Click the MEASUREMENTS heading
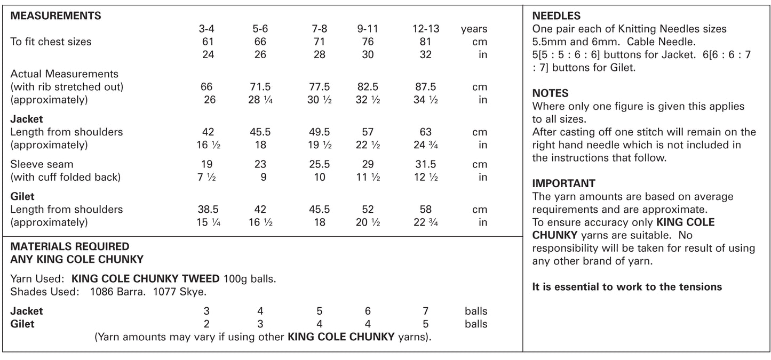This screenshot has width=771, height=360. click(55, 16)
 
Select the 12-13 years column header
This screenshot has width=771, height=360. click(425, 29)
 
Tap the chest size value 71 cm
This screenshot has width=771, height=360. click(319, 42)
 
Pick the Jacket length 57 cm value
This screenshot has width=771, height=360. click(367, 132)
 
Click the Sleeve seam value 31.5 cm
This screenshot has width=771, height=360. click(425, 164)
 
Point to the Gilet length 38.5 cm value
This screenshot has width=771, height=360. click(206, 210)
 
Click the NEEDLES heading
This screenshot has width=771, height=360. click(557, 16)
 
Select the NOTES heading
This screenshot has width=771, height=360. click(550, 93)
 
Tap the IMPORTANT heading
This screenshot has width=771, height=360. click(563, 183)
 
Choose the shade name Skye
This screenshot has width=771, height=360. click(194, 292)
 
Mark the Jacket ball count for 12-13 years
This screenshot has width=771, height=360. click(425, 311)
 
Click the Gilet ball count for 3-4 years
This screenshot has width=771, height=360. click(206, 324)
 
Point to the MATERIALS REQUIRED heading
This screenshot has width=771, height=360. click(69, 246)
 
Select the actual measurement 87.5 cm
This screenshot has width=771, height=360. click(425, 87)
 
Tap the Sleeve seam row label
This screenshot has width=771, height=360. click(42, 164)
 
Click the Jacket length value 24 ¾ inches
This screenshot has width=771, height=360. click(425, 145)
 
